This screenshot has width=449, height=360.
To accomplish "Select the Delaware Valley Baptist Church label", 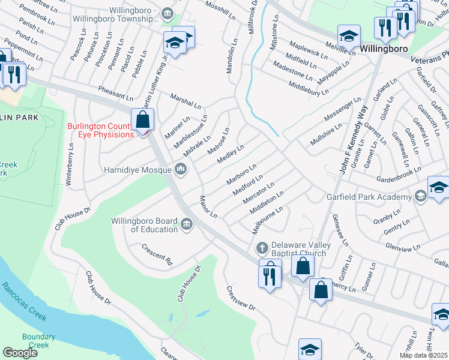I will click(x=298, y=248).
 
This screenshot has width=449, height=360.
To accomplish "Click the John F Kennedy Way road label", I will click(x=352, y=141).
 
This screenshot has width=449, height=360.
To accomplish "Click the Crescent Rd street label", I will click(x=157, y=254).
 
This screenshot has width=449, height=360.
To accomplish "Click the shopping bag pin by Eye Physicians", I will click(x=143, y=119).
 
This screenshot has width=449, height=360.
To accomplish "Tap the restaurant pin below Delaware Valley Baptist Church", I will click(x=270, y=275).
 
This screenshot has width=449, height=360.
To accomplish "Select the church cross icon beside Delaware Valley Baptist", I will click(x=262, y=248).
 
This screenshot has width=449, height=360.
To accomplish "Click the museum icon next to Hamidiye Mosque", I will click(x=181, y=170).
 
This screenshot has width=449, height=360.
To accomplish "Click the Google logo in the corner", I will click(x=20, y=353).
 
